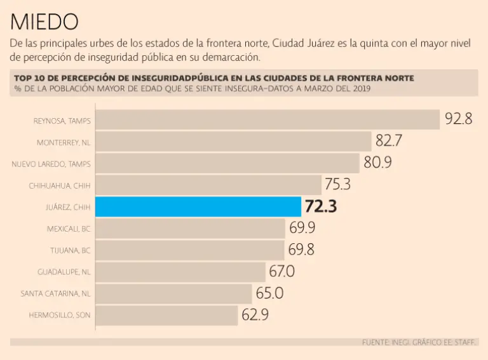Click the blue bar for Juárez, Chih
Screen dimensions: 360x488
coord(198,206)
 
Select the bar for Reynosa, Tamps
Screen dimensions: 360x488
coord(268,119)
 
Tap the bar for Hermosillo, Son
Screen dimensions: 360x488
coord(167,315)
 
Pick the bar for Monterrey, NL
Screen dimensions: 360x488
coord(233,142)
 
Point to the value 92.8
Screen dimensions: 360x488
coord(458,119)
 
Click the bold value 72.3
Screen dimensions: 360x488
coord(321,206)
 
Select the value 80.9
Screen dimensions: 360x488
coord(377,163)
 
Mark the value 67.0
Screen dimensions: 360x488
coord(281,272)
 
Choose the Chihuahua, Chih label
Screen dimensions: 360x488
coord(60,186)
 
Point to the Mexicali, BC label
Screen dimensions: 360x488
coord(69,229)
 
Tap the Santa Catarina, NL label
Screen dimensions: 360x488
coord(55,293)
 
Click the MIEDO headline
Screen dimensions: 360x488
coord(44,22)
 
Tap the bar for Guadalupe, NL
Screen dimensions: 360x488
coord(180,272)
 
